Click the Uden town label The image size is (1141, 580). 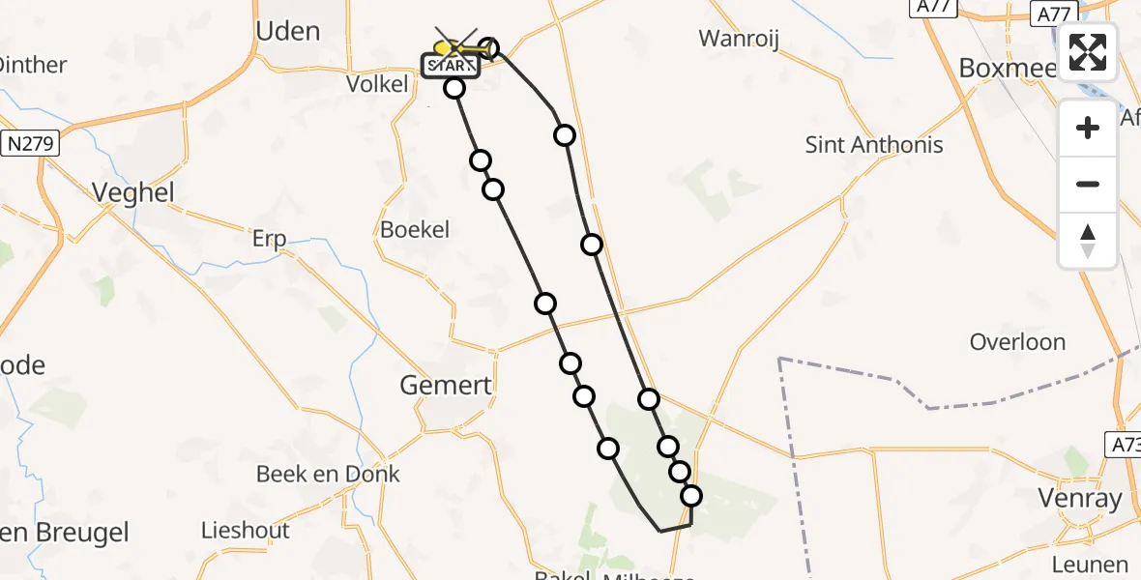click(287, 31)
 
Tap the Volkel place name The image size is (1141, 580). click(377, 84)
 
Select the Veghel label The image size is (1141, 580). click(133, 192)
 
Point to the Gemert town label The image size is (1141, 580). click(446, 386)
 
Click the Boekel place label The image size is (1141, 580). click(415, 229)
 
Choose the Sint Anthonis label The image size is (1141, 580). click(874, 145)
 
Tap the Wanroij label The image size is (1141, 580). click(739, 39)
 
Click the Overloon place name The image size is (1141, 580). click(1017, 342)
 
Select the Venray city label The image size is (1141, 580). click(1079, 499)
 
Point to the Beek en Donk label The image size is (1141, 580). click(328, 474)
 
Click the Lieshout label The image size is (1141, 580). click(245, 530)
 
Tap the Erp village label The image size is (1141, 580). click(269, 240)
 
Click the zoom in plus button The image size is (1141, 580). click(1088, 128)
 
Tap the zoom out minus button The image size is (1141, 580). click(1088, 184)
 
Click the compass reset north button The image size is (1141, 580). click(1088, 240)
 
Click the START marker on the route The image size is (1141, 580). click(450, 66)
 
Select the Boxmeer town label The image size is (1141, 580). click(1003, 67)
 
